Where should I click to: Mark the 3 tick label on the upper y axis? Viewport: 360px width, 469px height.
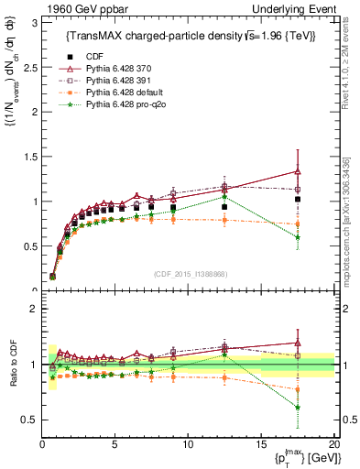34,21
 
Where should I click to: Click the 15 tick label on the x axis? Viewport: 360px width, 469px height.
261,443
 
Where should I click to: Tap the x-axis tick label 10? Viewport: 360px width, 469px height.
188,443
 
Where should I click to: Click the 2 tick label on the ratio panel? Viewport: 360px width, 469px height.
34,309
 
